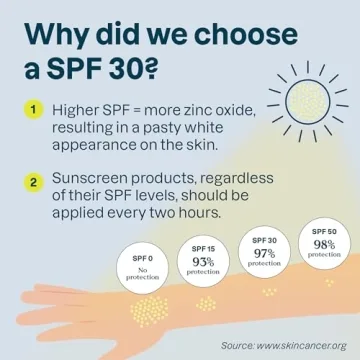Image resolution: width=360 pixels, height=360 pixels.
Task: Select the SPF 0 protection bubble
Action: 143,268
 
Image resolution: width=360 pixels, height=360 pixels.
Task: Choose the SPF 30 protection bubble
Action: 265,254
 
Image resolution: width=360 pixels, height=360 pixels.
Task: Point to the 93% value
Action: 204,262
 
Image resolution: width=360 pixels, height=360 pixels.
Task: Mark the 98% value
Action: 322,244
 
